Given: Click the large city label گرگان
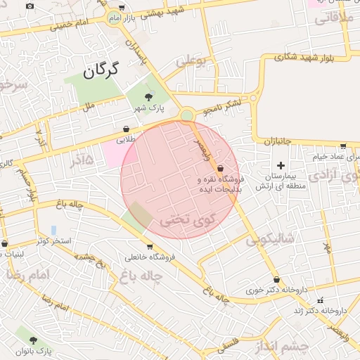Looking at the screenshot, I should point(102,70).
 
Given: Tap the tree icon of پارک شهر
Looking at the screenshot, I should point(148,97).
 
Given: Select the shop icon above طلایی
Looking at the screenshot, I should point(126,129).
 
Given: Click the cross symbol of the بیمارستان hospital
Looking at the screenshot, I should point(281,165).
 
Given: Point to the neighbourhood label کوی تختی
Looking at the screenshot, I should point(184,219).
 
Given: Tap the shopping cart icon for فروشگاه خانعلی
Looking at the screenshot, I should point(149,247).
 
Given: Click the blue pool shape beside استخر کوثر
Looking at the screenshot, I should point(53,231).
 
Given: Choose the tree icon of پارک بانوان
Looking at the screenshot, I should point(33,340).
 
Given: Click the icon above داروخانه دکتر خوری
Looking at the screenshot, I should point(276,279).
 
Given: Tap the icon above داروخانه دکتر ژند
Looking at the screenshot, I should point(321,300).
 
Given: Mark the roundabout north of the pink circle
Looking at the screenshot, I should point(186,115).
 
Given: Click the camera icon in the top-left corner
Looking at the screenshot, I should point(30,6).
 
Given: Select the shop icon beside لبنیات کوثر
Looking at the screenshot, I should point(5,244).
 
